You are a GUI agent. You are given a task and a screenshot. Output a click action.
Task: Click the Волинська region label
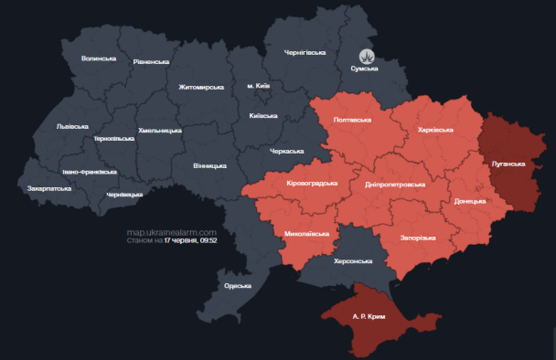point(99,58)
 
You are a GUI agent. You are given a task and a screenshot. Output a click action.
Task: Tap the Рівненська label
point(151,61)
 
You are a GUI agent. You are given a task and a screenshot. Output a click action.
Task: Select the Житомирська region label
point(201,87)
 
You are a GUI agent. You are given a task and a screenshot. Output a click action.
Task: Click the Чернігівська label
point(305,52)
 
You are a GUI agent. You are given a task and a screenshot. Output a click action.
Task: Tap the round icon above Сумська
point(367,55)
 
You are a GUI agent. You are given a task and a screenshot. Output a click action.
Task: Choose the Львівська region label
point(72,126)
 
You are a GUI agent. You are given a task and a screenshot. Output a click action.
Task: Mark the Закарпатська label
point(49,188)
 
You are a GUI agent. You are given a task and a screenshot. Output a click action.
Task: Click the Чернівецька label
point(124,195)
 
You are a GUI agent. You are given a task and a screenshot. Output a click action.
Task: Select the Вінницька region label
point(209,166)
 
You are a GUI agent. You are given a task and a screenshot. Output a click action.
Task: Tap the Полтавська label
point(352,120)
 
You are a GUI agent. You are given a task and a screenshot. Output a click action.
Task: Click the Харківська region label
point(434,131)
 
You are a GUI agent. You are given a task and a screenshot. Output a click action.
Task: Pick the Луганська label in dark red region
point(508,164)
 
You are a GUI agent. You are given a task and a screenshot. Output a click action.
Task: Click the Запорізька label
point(418,238)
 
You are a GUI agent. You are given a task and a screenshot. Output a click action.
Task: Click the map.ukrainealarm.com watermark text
point(172,232)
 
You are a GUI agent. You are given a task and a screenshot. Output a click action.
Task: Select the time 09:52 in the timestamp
point(208,241)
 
